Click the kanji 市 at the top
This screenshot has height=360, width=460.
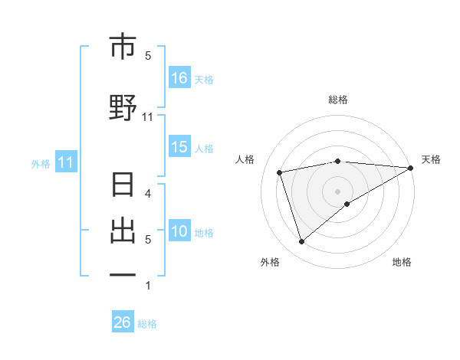123,47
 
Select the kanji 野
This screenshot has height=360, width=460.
123,108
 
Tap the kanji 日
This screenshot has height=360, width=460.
123,186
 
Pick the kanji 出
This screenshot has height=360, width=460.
123,231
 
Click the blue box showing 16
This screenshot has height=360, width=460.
179,78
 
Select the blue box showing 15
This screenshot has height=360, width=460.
179,148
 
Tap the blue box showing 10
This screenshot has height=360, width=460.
179,232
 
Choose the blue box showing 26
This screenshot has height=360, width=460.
123,323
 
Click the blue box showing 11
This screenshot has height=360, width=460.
65,162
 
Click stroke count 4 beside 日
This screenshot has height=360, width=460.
148,193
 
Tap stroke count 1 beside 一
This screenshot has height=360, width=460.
148,286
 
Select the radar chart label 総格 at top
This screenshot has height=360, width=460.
338,100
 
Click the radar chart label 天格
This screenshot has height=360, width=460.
431,159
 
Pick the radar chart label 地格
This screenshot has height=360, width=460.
402,262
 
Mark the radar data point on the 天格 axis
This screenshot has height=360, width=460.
411,167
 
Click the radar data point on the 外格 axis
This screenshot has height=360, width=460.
301,242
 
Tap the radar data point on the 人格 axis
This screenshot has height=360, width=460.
280,172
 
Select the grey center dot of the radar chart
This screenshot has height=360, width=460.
338,191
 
